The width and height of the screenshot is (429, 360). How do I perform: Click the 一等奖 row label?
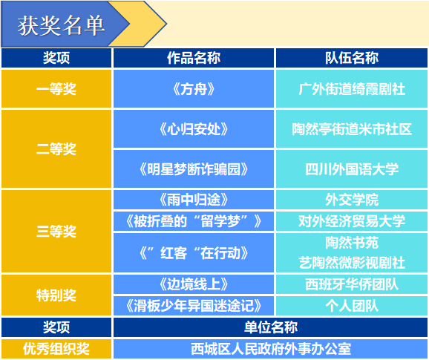(x=56, y=89)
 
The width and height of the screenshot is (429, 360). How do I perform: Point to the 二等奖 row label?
(x=56, y=148)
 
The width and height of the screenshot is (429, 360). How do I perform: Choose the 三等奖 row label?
(x=56, y=231)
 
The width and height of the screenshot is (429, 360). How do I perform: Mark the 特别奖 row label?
(x=56, y=295)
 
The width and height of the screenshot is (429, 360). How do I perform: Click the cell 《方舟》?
(x=193, y=89)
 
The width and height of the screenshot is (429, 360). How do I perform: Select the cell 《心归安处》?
(x=193, y=129)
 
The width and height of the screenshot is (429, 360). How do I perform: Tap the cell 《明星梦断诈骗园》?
(x=193, y=168)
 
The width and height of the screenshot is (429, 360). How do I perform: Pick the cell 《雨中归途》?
(x=193, y=200)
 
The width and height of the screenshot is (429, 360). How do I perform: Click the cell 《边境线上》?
(x=193, y=284)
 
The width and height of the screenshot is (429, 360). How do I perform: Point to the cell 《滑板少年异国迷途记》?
(x=193, y=305)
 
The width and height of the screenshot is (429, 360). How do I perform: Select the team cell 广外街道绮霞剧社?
(x=351, y=89)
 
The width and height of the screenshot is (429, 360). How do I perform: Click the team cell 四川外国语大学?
(x=351, y=168)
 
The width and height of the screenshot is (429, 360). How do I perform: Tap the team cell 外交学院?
(x=351, y=200)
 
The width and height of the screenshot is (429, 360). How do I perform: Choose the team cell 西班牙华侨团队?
(x=351, y=284)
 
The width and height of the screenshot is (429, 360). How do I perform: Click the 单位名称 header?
(x=271, y=327)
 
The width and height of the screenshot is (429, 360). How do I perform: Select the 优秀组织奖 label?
(x=56, y=348)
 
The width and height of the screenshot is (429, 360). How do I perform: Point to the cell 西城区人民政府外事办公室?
(x=271, y=348)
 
